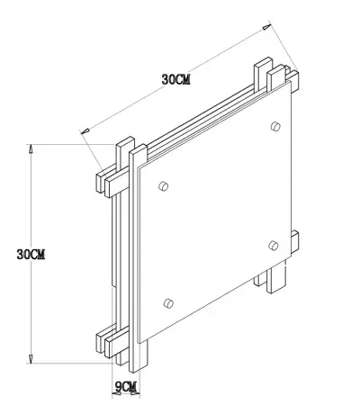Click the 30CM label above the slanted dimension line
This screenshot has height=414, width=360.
click(x=175, y=79)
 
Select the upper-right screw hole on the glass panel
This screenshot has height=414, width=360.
click(x=274, y=126)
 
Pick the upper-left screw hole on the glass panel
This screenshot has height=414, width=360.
click(x=163, y=185)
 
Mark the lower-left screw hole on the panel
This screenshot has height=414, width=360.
click(x=167, y=301)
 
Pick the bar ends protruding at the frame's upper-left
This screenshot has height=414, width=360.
click(x=108, y=175)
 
